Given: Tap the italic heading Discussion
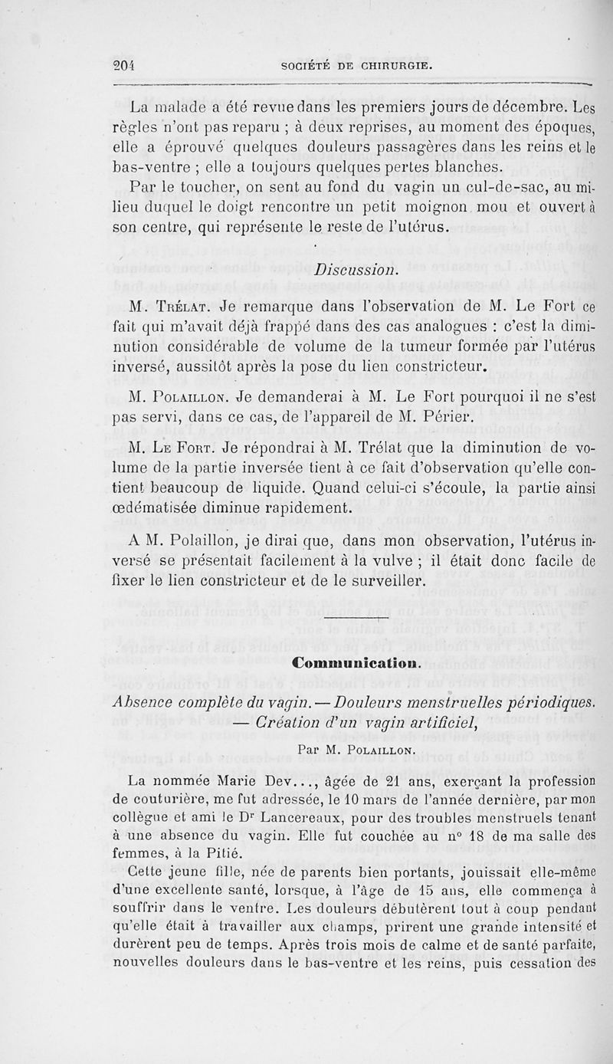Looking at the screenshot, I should tap(356, 271).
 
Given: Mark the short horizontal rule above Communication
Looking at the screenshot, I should tap(357, 618).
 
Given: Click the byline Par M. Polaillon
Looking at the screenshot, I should tap(358, 746).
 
